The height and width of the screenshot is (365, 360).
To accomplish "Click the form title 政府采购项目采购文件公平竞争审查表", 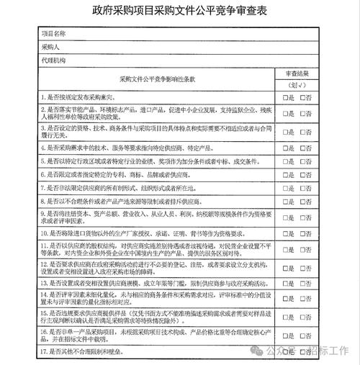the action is pos(180,12).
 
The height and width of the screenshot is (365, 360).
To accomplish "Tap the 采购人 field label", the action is pos(49,46).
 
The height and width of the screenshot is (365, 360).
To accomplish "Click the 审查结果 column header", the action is pos(298,73).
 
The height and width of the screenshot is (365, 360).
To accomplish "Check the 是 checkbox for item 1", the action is pos(285,97).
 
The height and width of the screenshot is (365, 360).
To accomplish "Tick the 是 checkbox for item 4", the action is pos(285,148).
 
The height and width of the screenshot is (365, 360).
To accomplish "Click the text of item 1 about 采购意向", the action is pos(86,97).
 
